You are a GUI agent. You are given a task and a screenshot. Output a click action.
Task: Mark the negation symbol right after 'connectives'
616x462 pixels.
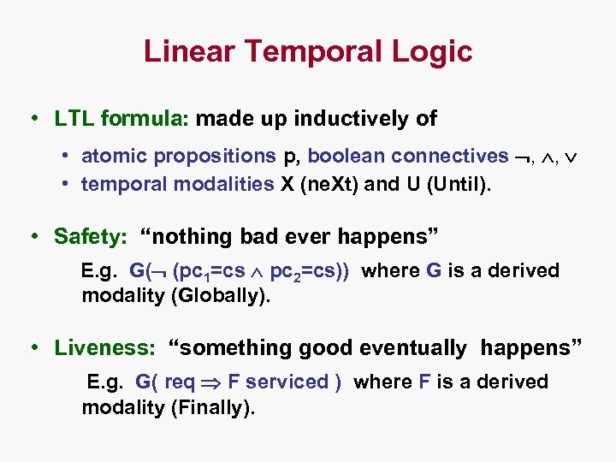pyautogui.click(x=523, y=157)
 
